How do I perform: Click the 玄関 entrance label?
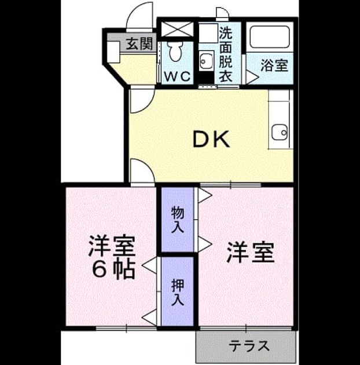point(139,43)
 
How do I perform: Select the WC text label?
point(177,76)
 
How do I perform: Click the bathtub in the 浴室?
point(269,36)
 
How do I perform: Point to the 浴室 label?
point(274,65)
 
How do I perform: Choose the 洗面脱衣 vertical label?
point(226,54)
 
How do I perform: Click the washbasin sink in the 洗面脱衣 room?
point(206,61)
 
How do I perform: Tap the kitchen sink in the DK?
point(280,132)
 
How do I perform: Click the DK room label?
point(211,139)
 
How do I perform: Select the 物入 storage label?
point(178,220)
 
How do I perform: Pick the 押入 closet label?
point(178,292)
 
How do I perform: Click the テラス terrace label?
point(249,346)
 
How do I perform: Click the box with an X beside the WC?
point(177,30)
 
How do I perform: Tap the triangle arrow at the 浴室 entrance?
point(252,77)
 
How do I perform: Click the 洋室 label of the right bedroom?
point(251,253)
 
